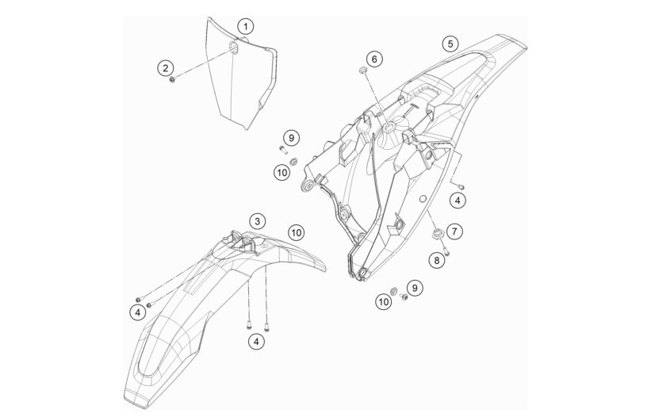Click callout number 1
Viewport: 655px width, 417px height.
coord(246,27)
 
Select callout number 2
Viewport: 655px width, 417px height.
coord(166,68)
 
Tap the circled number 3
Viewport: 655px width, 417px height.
coord(257,221)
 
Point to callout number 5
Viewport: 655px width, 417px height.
coord(450,44)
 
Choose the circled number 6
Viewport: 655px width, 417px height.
coord(374,59)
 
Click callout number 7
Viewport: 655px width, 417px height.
coord(454,231)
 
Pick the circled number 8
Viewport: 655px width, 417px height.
coord(436,261)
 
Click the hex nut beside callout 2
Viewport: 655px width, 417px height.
coord(172,79)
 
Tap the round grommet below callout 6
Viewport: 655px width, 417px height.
coord(362,70)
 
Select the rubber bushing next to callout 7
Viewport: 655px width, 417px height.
coord(438,233)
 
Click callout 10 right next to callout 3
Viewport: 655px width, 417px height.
coord(296,232)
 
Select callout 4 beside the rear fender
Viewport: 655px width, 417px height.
coord(458,201)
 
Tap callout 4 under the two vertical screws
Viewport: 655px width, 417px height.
coord(256,342)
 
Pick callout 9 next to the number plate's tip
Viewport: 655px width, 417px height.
coord(291,137)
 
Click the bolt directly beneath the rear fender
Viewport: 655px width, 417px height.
coord(404,296)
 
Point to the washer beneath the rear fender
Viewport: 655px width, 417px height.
coord(393,290)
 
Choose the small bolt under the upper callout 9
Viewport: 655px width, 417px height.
coord(283,148)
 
